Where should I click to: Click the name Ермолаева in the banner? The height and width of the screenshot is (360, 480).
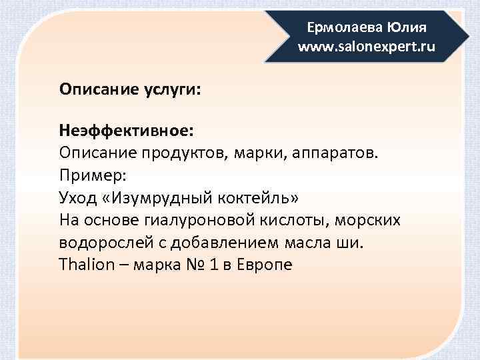tap(337, 29)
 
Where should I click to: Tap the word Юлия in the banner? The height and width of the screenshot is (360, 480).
tap(402, 29)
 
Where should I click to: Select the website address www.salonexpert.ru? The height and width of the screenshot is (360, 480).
tap(367, 47)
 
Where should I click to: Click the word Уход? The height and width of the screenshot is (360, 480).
tap(77, 198)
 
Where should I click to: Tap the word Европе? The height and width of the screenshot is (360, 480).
tap(263, 264)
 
